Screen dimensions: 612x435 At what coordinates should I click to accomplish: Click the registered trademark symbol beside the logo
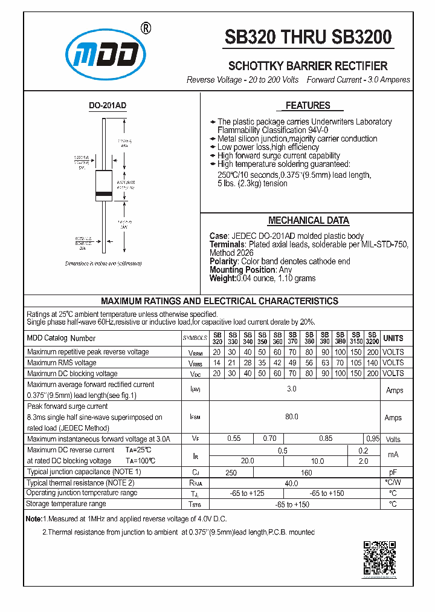145,28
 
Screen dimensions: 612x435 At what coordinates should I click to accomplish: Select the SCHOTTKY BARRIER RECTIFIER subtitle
308,66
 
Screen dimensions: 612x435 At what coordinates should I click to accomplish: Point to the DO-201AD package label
108,105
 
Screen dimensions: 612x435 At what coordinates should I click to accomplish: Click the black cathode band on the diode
105,195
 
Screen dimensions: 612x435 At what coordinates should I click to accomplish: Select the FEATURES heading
308,106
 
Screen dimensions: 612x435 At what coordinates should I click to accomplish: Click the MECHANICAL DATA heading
308,221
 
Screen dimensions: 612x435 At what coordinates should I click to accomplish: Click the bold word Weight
222,278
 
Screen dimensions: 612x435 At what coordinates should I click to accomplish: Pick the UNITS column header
393,338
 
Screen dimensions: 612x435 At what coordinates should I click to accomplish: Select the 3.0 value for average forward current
292,389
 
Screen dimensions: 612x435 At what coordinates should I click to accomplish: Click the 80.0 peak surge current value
292,417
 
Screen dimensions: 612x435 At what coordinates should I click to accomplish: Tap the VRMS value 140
372,363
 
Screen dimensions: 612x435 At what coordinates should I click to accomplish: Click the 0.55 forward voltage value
234,438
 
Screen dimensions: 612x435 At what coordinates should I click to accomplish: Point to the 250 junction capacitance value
231,472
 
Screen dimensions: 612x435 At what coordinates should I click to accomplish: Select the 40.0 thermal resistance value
292,483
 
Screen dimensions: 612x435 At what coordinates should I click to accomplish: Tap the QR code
379,558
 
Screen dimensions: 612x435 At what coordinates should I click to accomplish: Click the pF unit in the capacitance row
393,472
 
